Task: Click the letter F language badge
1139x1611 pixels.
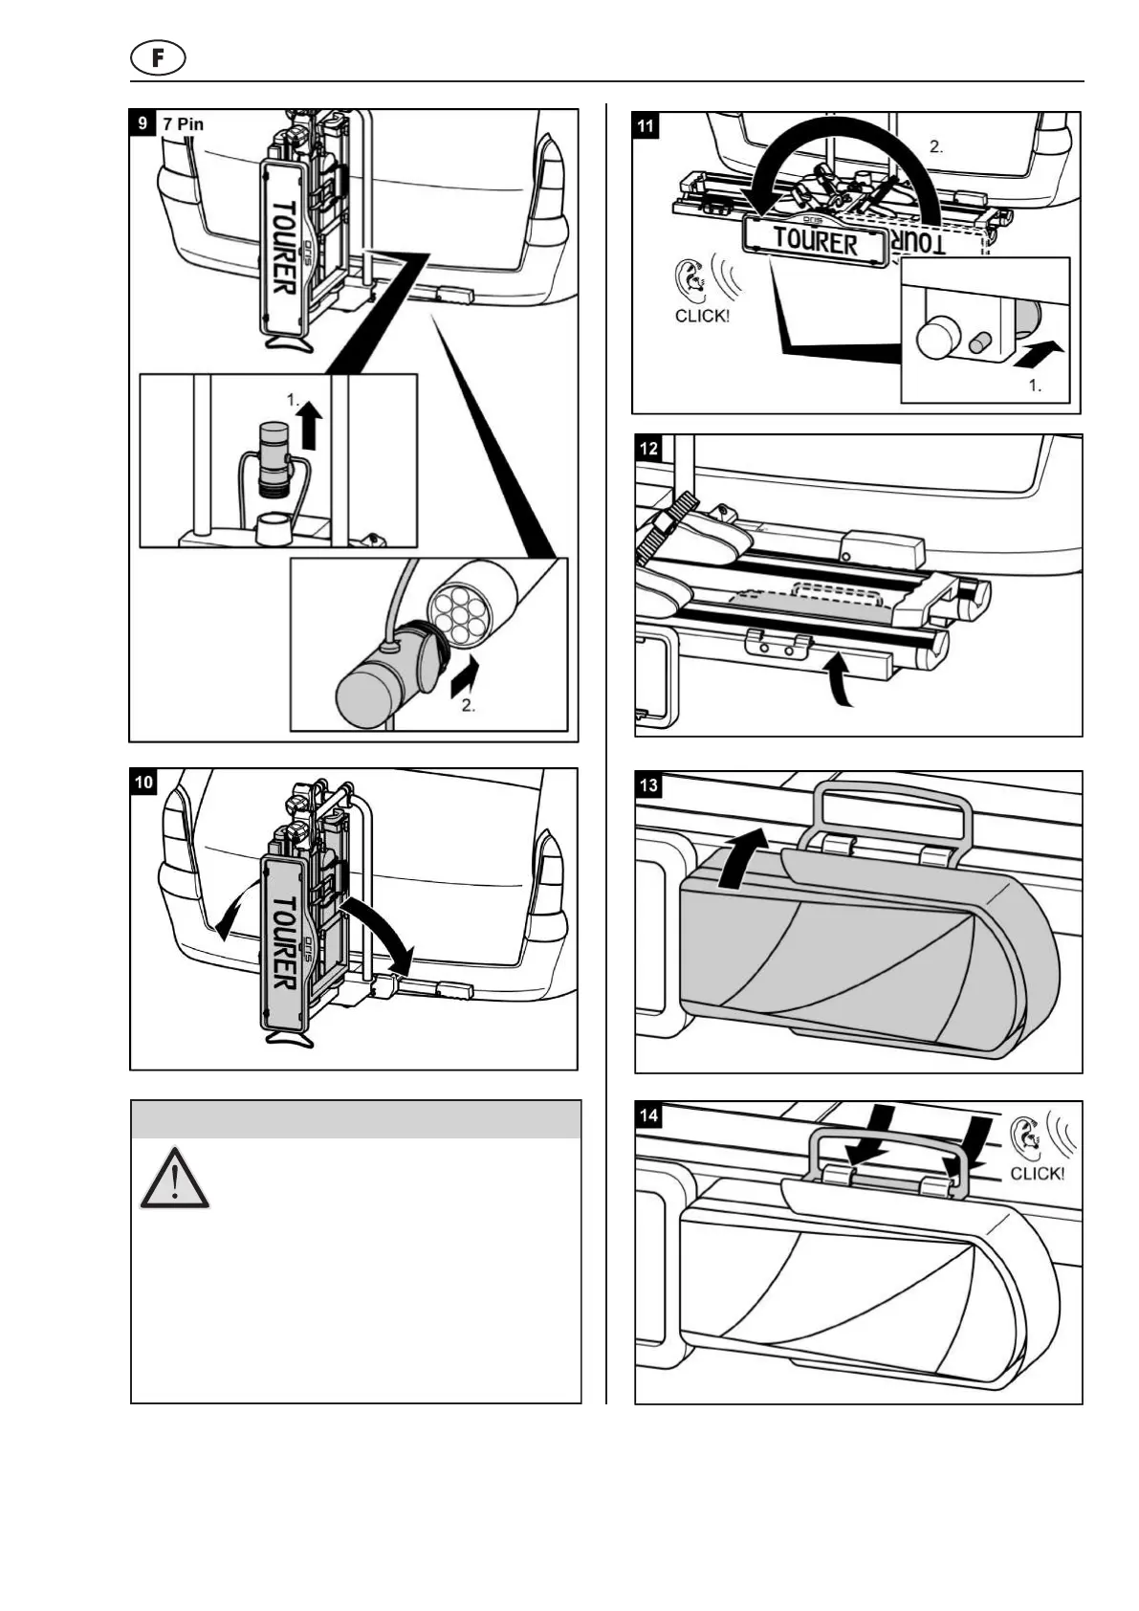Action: click(158, 58)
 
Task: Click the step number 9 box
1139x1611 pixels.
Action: click(142, 122)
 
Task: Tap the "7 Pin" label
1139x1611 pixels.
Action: click(184, 123)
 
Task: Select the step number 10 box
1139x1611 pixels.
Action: click(143, 782)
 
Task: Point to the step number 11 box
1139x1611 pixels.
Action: click(647, 125)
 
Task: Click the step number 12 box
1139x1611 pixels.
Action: click(648, 448)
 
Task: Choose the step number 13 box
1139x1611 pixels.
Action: click(648, 785)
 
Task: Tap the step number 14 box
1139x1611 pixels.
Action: click(648, 1114)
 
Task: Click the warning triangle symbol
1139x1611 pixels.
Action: click(174, 1179)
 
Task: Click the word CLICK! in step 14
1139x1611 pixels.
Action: click(1037, 1174)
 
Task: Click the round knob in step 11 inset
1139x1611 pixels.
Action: click(937, 338)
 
